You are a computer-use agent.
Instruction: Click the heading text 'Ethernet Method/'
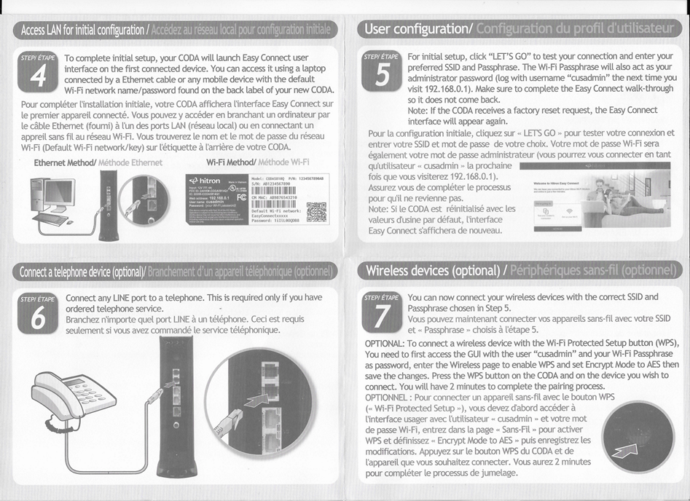click(x=65, y=162)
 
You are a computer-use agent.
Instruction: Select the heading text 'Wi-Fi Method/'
click(x=232, y=162)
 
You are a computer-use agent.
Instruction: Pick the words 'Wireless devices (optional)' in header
click(x=430, y=271)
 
